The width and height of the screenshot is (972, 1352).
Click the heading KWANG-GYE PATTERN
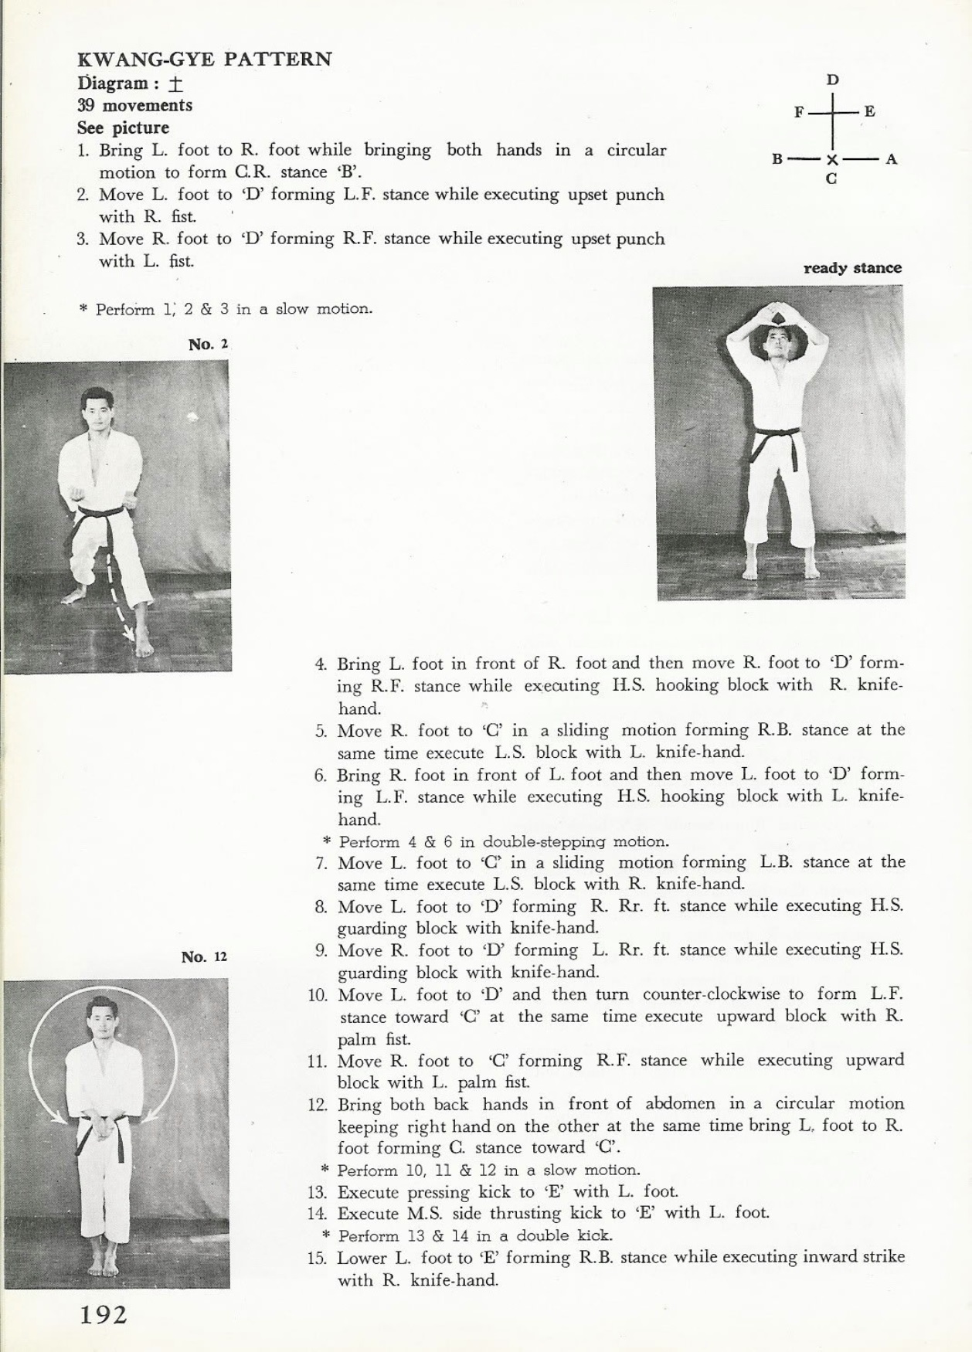[205, 59]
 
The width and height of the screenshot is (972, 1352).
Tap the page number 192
[104, 1314]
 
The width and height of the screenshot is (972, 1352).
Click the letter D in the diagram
[833, 80]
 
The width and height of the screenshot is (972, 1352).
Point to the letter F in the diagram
[799, 112]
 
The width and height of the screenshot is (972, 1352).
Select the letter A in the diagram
[891, 159]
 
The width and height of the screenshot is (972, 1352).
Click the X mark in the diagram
[832, 160]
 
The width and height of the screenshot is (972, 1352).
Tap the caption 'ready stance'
[852, 268]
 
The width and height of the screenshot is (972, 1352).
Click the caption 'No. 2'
[208, 345]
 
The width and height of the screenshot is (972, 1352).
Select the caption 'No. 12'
[204, 956]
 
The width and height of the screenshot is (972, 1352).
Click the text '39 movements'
[135, 105]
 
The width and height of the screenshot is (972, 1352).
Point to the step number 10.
[318, 994]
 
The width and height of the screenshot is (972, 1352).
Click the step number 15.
[317, 1257]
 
